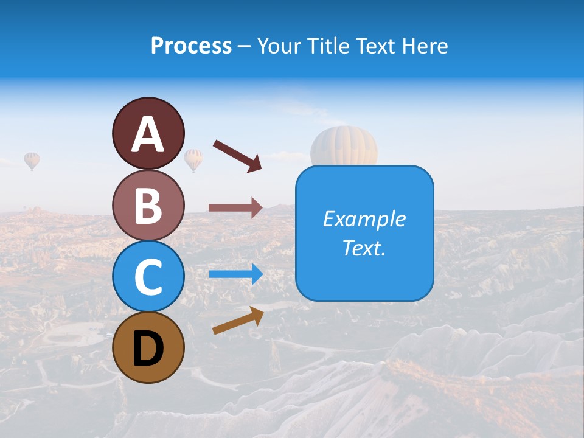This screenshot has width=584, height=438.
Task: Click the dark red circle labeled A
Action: pos(148,133)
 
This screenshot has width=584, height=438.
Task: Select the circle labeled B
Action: pos(148,205)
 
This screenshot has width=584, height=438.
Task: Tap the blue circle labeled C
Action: pos(148,276)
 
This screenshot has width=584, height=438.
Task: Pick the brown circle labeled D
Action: pos(148,347)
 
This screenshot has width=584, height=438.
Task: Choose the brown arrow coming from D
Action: pos(238,321)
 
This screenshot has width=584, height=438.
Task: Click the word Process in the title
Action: pos(191,46)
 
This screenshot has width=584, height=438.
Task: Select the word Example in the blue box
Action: pos(364,219)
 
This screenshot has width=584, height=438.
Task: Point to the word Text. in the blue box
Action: pos(364,248)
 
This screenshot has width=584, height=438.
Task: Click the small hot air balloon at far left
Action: pos(32,160)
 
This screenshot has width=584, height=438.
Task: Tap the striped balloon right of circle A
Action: pos(193,159)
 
